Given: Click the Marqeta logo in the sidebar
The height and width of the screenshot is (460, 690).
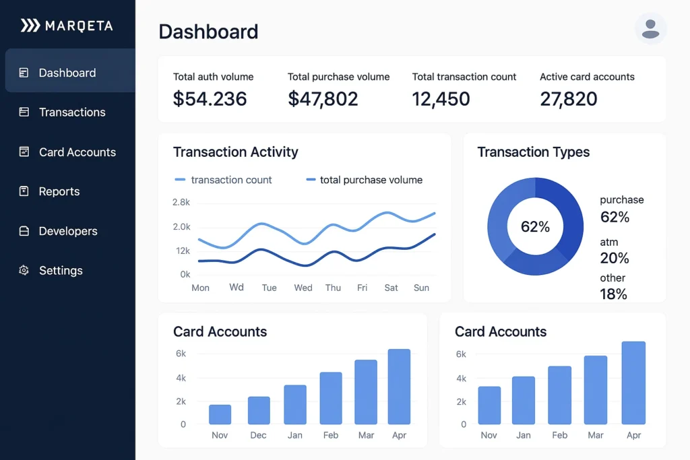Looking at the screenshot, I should click(x=67, y=26).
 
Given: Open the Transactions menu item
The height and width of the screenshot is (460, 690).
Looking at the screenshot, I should click(x=71, y=112).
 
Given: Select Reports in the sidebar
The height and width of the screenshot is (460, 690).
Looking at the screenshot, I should click(x=59, y=192).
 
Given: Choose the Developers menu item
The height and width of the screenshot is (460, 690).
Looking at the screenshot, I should click(x=67, y=232).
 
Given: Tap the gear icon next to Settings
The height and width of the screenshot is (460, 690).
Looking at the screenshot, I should click(x=24, y=271).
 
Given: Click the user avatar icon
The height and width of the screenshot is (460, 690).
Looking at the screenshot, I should click(x=650, y=29).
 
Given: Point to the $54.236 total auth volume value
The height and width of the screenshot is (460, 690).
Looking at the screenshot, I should click(x=210, y=99).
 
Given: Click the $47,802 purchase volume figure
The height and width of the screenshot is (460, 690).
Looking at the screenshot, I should click(x=323, y=99).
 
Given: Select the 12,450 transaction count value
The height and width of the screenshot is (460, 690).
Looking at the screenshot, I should click(x=441, y=99).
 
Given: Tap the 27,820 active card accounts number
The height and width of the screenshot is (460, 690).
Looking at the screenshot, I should click(x=568, y=99).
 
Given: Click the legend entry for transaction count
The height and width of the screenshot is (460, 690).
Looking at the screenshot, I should click(x=224, y=180).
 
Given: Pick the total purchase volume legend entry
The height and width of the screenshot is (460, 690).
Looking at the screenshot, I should click(x=365, y=180).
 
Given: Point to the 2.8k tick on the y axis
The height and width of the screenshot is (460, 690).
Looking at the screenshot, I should click(x=181, y=203).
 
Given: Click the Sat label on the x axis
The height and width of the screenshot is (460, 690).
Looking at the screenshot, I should click(x=391, y=288).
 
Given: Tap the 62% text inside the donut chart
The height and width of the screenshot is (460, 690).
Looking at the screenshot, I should click(x=535, y=227).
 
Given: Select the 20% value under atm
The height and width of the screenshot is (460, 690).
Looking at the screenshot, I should click(x=614, y=258).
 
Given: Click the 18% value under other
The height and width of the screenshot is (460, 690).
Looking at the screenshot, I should click(x=613, y=294).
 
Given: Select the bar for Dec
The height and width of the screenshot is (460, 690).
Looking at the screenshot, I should click(x=259, y=411).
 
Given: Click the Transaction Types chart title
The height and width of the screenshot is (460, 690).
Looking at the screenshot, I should click(x=533, y=152).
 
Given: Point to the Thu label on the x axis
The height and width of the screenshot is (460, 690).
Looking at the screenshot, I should click(x=333, y=288).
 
